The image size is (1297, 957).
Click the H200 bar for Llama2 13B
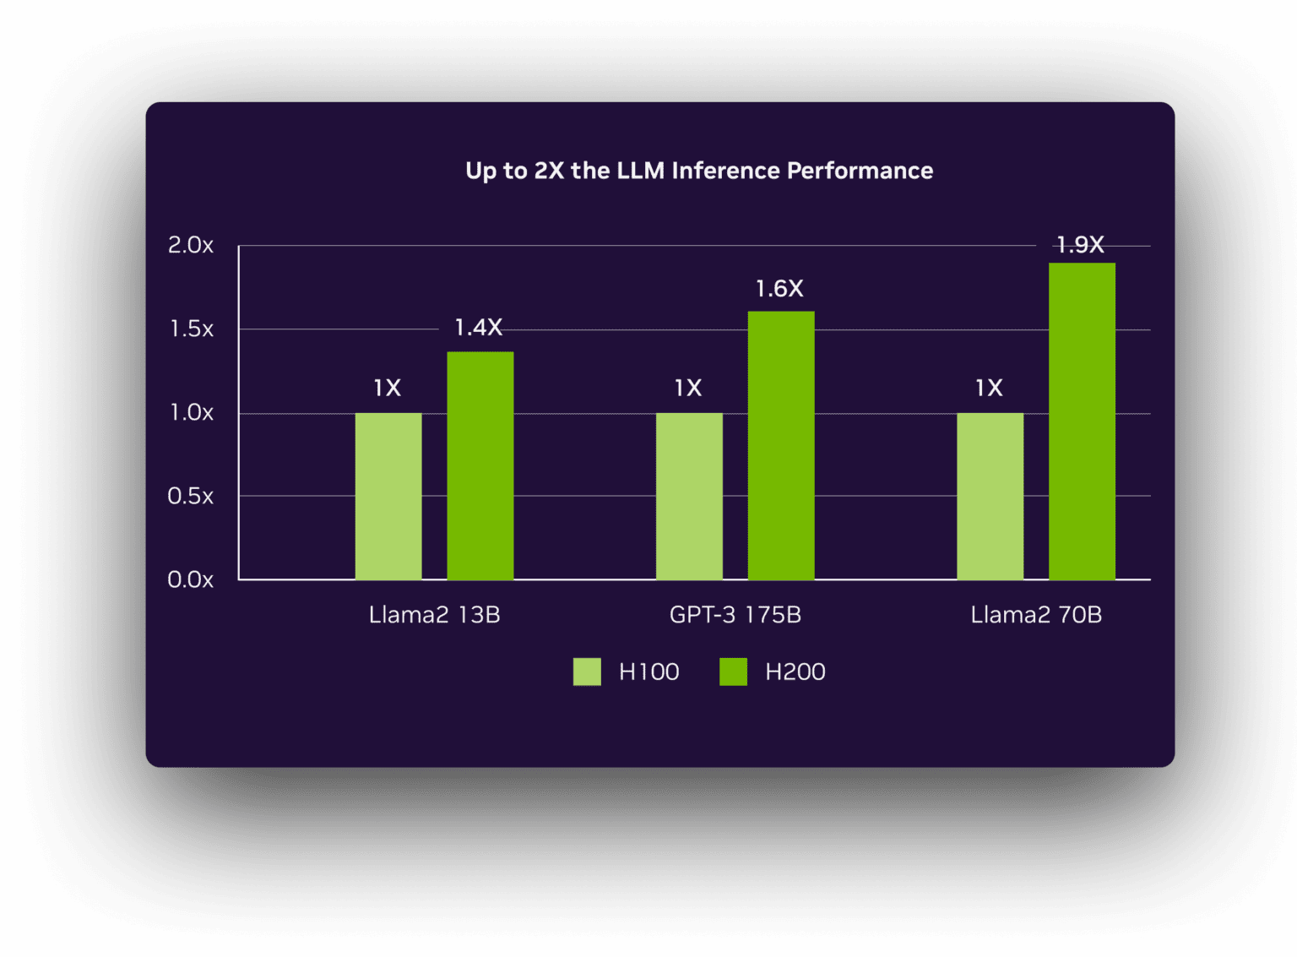480,465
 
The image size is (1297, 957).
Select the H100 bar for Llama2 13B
388,496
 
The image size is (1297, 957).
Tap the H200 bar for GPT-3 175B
780,445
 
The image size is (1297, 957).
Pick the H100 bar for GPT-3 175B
689,496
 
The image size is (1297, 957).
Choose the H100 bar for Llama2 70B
990,496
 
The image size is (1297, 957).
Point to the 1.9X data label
1080,245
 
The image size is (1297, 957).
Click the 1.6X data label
779,289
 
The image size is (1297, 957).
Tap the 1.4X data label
478,328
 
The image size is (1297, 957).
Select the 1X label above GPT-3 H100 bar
687,388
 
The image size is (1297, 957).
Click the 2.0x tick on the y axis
190,246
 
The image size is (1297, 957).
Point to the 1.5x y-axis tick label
191,329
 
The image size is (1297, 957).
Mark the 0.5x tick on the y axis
190,496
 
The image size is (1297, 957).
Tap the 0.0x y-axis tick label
190,579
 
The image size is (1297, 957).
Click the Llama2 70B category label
1035,615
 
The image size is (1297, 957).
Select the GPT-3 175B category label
735,615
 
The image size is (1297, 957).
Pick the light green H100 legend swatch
587,672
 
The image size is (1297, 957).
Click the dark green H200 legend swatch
733,672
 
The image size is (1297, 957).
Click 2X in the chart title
549,171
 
